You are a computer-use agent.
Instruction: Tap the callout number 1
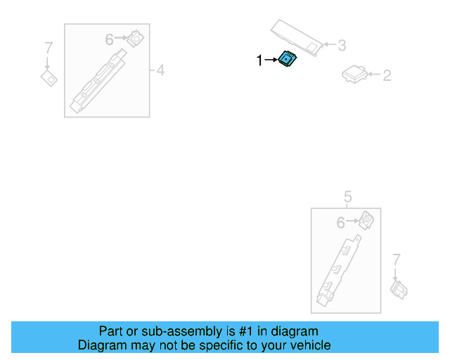259,61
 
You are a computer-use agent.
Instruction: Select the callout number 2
387,75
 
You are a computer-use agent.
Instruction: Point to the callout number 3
342,46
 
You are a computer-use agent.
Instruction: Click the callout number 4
160,70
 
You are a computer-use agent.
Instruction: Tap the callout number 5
347,197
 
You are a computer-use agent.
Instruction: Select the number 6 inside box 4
110,40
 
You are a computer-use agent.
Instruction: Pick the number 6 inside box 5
341,223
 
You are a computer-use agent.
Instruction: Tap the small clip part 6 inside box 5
366,220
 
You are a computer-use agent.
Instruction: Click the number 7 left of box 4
48,48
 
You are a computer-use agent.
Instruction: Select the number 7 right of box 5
396,259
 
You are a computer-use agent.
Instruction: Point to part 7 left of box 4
49,77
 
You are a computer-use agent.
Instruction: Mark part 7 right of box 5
399,288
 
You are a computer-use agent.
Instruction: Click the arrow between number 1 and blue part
271,61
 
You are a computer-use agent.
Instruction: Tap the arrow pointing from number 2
372,74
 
